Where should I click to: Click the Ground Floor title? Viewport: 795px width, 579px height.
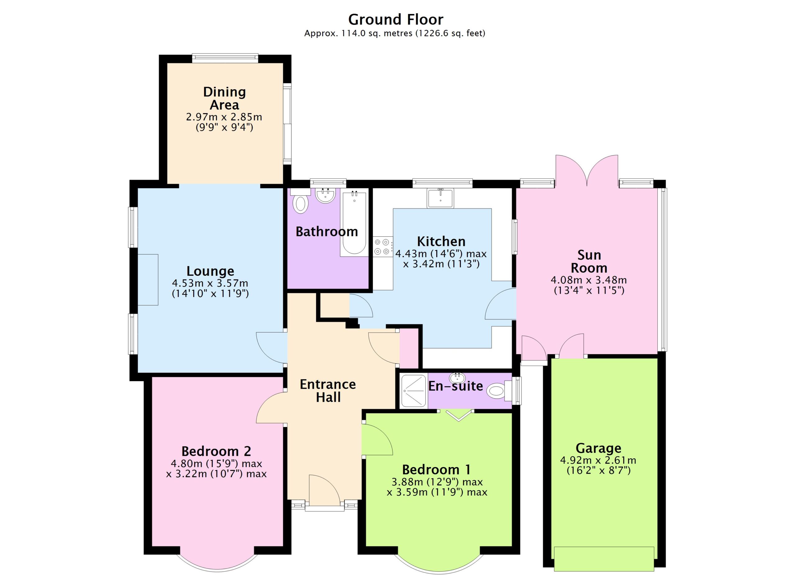(395, 20)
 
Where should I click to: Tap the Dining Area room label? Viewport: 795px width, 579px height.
(224, 98)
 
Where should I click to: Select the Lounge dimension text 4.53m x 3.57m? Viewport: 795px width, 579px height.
(210, 283)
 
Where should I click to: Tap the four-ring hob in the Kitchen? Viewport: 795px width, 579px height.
(382, 247)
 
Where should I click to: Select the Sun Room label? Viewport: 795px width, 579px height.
(589, 262)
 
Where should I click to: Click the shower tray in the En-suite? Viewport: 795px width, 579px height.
(414, 391)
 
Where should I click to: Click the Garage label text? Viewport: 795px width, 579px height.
(598, 448)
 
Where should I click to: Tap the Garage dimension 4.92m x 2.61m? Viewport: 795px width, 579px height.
(598, 460)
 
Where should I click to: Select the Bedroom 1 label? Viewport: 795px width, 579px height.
(436, 470)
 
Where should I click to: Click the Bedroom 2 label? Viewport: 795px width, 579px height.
(216, 451)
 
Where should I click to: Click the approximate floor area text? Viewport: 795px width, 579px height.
(395, 33)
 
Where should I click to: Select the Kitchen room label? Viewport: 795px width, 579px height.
(441, 241)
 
